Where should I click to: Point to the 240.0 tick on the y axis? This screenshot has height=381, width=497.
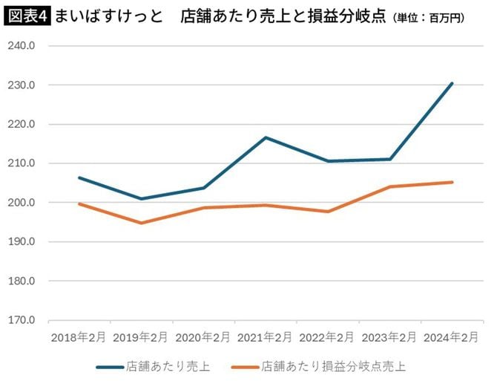tap(23, 45)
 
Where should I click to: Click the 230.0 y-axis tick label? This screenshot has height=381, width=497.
tap(23, 85)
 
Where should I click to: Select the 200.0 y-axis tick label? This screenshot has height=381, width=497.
tap(23, 203)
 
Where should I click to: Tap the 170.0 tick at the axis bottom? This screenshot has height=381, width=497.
tap(23, 321)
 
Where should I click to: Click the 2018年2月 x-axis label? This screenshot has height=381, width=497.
tap(79, 337)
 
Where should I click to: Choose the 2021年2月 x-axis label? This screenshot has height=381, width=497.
tap(266, 337)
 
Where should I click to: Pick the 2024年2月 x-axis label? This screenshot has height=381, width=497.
tap(452, 337)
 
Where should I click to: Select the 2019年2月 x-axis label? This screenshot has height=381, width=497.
tap(141, 337)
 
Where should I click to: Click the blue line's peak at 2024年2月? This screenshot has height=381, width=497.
tap(452, 83)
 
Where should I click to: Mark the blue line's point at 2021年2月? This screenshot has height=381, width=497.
tap(266, 137)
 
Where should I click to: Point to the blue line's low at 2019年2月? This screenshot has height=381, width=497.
tap(141, 199)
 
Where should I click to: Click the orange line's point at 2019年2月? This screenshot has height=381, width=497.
tap(141, 223)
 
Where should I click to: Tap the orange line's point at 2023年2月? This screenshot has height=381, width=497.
tap(390, 186)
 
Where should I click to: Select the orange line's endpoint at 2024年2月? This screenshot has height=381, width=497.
tap(452, 182)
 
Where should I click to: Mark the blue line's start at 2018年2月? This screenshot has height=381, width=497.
tap(79, 178)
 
